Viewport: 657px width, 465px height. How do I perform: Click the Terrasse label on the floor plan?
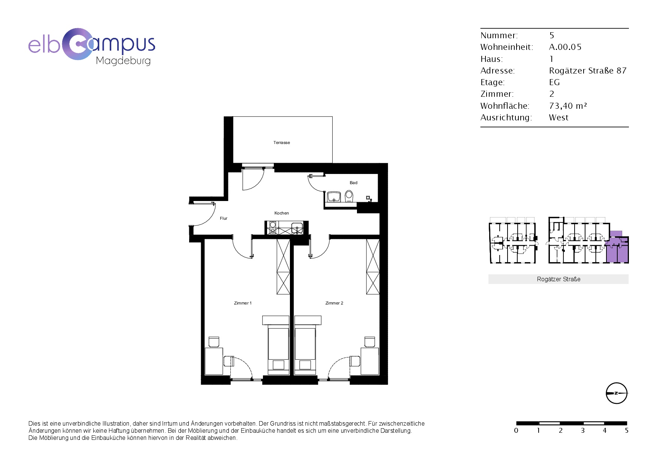tap(282, 142)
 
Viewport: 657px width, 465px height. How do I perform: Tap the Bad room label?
tap(354, 183)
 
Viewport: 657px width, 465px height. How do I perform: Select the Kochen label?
tap(282, 213)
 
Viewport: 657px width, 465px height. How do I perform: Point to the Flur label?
tap(224, 218)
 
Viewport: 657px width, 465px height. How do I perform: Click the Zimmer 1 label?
tap(243, 303)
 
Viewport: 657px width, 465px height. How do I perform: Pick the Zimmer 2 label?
tap(334, 303)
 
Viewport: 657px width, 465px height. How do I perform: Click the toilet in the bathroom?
tap(349, 196)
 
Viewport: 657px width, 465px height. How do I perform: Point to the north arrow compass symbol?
tap(617, 393)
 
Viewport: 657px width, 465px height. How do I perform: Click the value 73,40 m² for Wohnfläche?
tap(568, 106)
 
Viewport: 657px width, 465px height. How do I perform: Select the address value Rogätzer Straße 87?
tap(588, 70)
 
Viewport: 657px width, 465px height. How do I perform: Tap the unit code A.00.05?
tap(565, 47)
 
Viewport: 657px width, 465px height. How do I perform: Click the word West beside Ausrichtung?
tap(558, 117)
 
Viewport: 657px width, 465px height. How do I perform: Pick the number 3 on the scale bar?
tap(583, 430)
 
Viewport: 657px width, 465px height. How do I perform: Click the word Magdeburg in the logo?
tap(123, 61)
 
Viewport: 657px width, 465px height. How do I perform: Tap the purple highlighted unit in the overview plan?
tap(617, 248)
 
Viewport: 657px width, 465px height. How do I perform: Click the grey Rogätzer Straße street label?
tap(558, 279)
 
